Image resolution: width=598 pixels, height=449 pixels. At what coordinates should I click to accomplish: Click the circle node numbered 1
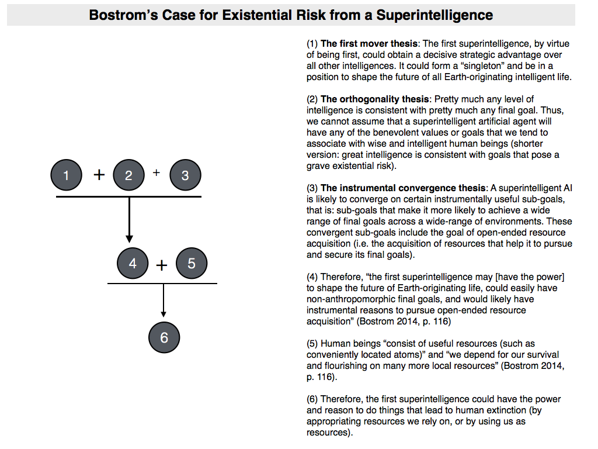coord(66,175)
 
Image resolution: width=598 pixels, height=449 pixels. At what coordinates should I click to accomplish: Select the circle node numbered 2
coord(128,175)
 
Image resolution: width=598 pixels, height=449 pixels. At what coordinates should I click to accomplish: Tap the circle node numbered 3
coord(185,175)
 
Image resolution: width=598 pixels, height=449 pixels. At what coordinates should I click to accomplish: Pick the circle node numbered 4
coord(133,264)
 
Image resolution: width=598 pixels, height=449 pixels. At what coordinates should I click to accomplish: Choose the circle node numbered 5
coord(191,264)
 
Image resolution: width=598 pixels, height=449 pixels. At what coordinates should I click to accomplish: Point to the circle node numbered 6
coord(164,337)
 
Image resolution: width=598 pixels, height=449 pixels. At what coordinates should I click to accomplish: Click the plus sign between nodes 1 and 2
coord(99,175)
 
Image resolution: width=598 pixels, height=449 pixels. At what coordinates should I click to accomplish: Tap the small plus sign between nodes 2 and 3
coord(157,172)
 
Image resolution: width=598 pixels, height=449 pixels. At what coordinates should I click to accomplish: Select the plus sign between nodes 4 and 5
coord(162,265)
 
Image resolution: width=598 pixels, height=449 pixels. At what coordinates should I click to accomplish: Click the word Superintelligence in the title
coord(434,15)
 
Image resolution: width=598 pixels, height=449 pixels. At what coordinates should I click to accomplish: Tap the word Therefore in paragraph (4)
coord(340,277)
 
